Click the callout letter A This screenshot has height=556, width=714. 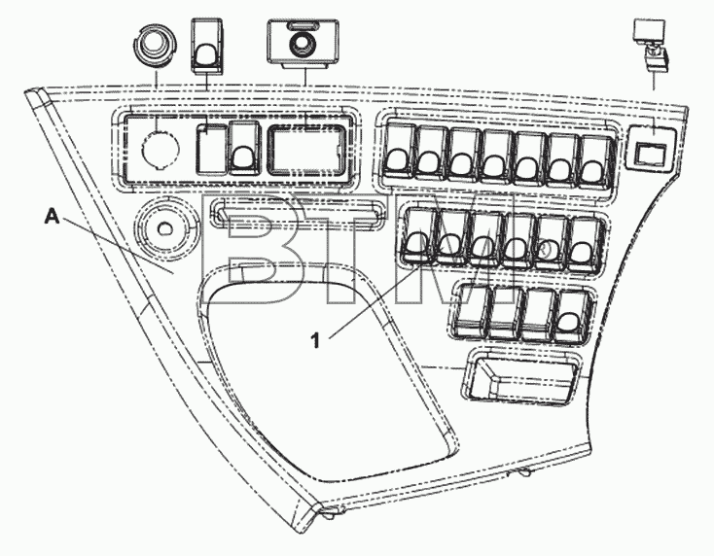tap(52, 217)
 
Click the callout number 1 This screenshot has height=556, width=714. tap(315, 340)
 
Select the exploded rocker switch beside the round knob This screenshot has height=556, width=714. tap(207, 46)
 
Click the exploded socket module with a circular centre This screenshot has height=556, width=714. tap(303, 44)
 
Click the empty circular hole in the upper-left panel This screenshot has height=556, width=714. tap(161, 148)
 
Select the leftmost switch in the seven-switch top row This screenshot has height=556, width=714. tap(400, 151)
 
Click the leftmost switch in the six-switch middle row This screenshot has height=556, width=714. tap(418, 235)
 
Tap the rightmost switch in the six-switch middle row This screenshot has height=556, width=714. tap(586, 245)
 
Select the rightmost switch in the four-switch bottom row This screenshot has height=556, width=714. tap(573, 315)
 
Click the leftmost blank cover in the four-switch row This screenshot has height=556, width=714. tap(473, 311)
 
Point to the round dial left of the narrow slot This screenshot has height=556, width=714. tap(164, 227)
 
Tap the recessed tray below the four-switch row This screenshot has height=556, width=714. tap(521, 377)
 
